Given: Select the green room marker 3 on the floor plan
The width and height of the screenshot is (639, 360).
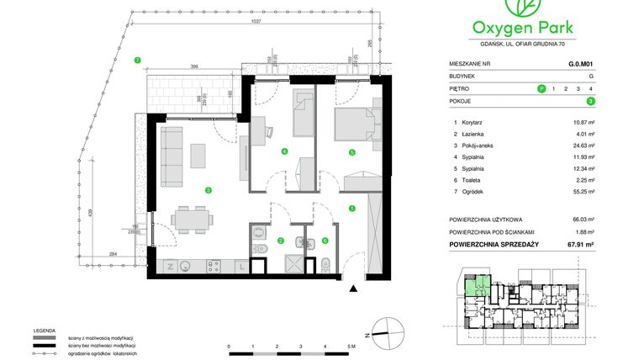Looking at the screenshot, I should click(207, 190).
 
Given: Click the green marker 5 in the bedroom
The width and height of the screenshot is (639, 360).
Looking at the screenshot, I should click(351, 152).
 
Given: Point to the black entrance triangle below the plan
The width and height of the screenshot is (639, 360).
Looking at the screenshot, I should click(352, 289).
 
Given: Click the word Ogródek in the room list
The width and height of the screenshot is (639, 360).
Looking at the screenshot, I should click(475, 191).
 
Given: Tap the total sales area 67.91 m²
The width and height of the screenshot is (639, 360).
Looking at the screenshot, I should click(581, 244).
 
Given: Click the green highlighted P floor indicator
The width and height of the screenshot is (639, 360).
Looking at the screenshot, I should click(541, 87).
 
